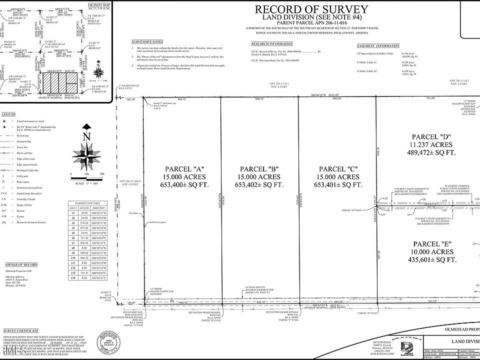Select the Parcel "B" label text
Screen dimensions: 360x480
[x=259, y=168]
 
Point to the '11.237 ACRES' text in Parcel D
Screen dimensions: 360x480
[x=432, y=145]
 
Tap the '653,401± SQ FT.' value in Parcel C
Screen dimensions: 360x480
[x=338, y=185]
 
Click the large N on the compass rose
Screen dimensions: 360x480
[x=86, y=136]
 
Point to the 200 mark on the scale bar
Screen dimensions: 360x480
[x=102, y=174]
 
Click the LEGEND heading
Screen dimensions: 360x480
[x=9, y=114]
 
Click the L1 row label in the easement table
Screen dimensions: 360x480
[x=72, y=213]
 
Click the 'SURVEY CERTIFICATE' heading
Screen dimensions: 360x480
[x=21, y=331]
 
